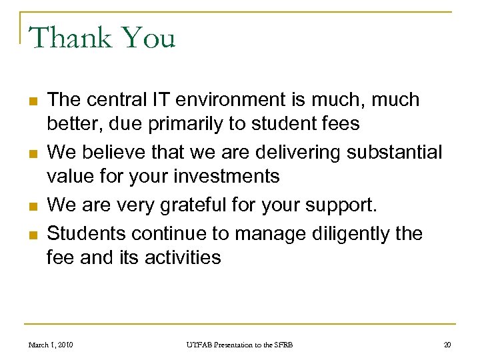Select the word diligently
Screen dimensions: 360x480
pos(338,233)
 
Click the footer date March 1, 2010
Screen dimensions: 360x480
pos(51,345)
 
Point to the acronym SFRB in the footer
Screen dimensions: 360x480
pos(280,345)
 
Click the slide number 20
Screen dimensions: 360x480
pos(447,345)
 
